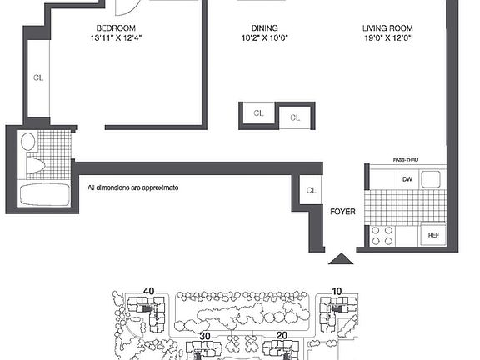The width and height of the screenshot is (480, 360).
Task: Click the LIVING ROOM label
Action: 387,27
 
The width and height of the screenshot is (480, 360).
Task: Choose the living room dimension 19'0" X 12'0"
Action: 387,38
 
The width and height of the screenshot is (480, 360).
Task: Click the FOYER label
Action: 342,212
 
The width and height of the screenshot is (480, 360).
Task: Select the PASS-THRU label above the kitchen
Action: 406,159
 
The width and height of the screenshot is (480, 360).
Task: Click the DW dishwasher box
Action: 407,178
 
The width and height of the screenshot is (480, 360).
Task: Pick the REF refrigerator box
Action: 433,236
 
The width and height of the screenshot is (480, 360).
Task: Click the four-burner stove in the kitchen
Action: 382,236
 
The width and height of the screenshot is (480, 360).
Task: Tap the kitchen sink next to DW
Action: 431,178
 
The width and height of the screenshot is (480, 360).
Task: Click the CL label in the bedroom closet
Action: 38,80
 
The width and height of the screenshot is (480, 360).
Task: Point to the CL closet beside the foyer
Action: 311,190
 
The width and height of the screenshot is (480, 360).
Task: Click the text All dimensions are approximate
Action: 133,188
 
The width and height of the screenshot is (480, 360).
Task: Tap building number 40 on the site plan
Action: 149,290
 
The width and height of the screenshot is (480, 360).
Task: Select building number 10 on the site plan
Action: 337,290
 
